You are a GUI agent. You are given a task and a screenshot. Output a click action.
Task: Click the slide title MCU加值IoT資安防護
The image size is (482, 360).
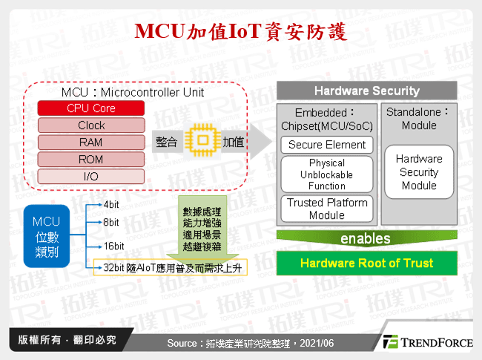pos(240,32)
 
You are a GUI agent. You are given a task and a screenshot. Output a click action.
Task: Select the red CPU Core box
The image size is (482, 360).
pos(91,108)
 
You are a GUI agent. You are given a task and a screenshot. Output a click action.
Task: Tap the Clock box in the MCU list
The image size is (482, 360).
pos(91,125)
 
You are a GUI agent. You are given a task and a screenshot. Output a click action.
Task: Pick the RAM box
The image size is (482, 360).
pos(91,142)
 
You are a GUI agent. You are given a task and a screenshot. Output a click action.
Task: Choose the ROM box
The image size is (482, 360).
pos(91,159)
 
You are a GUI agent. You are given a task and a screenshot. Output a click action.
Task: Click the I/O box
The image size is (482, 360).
pos(91,176)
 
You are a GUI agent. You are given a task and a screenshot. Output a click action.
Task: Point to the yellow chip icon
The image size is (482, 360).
pos(199,142)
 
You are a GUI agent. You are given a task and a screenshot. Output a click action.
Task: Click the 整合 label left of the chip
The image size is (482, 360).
pos(167,142)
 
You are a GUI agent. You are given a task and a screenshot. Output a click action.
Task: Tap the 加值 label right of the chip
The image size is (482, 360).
pos(233,142)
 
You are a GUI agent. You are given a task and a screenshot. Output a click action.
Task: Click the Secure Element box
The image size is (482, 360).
pos(327,145)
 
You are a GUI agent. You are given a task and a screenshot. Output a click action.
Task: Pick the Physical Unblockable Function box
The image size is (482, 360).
pos(327,174)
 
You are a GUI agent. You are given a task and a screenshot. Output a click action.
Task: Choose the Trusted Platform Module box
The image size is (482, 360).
pos(327,208)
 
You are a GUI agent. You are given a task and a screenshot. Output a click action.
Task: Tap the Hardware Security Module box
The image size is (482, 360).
pos(419,172)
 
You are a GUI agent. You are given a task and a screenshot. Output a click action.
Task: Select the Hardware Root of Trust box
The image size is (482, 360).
pos(366,263)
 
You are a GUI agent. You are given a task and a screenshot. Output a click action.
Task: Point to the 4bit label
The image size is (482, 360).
pos(112,203)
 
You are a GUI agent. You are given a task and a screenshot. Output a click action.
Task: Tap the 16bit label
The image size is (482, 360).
pos(114,246)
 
